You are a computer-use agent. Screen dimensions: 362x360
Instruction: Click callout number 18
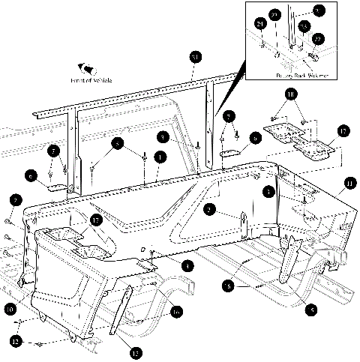pyautogui.click(x=290, y=94)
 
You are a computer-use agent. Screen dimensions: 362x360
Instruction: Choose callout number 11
pyautogui.click(x=349, y=183)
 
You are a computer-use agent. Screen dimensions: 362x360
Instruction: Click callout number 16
pyautogui.click(x=177, y=311)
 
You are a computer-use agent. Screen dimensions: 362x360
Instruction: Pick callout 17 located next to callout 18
pyautogui.click(x=341, y=130)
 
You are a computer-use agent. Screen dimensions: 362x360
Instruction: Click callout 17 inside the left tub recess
pyautogui.click(x=95, y=221)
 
